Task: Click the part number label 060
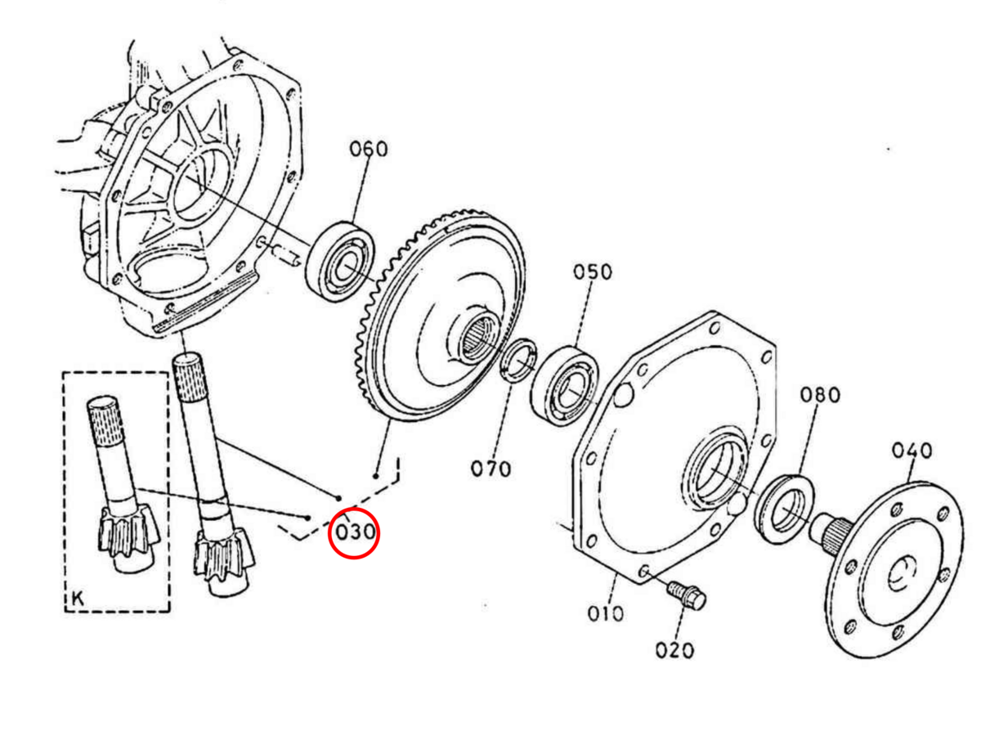(369, 150)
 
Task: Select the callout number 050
(591, 272)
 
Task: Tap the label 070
(490, 469)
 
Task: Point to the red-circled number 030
(354, 532)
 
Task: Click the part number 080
(819, 396)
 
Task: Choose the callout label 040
(911, 451)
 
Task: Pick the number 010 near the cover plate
(605, 613)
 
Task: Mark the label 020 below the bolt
(674, 651)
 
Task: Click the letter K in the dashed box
(77, 598)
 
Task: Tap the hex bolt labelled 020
(687, 595)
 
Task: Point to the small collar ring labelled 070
(518, 362)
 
